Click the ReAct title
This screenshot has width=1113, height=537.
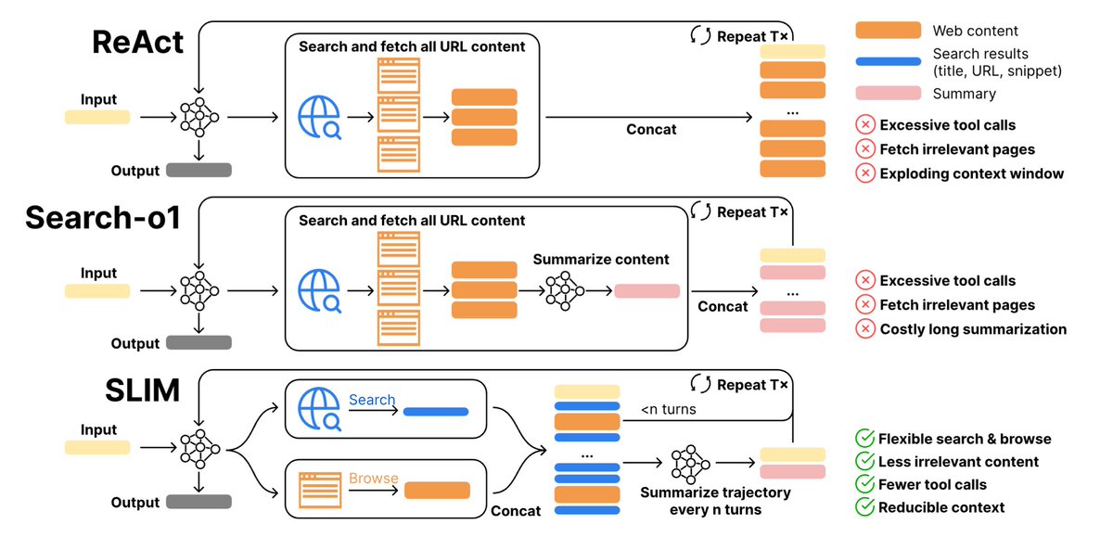point(137,42)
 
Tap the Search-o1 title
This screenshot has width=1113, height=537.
point(103,217)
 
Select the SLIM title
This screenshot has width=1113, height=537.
point(142,390)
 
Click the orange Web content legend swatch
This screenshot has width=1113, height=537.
point(888,31)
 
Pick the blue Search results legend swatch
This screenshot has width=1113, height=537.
point(888,61)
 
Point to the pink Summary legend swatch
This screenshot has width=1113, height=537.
point(888,93)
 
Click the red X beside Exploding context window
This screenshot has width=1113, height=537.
point(865,173)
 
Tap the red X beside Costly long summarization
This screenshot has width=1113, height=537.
point(865,329)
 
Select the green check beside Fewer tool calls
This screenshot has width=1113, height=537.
point(865,484)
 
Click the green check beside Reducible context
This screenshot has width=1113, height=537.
point(865,506)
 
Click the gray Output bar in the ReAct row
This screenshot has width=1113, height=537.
point(198,170)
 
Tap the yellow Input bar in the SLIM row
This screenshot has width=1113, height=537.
point(97,448)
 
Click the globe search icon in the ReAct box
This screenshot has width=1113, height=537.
point(319,117)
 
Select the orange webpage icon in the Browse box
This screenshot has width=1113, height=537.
point(320,491)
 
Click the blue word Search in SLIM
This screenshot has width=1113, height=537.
point(372,400)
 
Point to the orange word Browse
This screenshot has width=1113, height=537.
point(374,478)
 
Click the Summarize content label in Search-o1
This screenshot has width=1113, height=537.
point(601,260)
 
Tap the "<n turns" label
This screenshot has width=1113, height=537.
point(669,409)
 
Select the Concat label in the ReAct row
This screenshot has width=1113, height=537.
point(651,129)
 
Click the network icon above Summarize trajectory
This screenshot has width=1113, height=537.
point(690,464)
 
